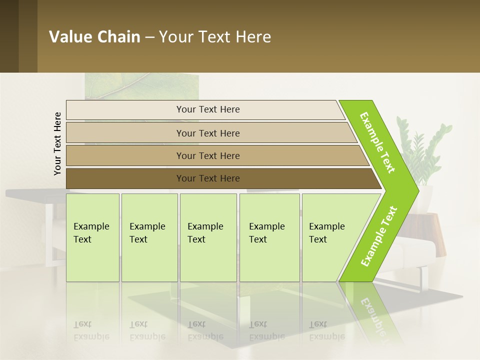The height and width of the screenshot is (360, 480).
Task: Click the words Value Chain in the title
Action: tap(94, 37)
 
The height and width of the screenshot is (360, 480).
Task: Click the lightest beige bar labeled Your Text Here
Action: tap(207, 109)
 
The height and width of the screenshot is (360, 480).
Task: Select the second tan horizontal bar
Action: tap(207, 133)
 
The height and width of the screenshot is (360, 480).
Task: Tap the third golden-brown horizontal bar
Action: tap(207, 155)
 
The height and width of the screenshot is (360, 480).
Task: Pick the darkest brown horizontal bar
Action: tap(207, 178)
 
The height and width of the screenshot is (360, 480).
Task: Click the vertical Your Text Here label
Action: tap(57, 143)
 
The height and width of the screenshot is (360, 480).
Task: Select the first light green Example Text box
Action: tap(92, 237)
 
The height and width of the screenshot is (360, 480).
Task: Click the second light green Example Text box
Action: tap(149, 237)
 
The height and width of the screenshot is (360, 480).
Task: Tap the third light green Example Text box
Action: tap(208, 237)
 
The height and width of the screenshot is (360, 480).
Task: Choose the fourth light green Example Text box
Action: tap(269, 237)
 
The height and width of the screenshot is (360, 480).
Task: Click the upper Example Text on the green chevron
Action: tap(378, 142)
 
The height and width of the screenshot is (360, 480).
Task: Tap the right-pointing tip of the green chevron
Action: tap(415, 190)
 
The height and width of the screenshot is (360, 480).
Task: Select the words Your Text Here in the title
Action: tap(215, 37)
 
